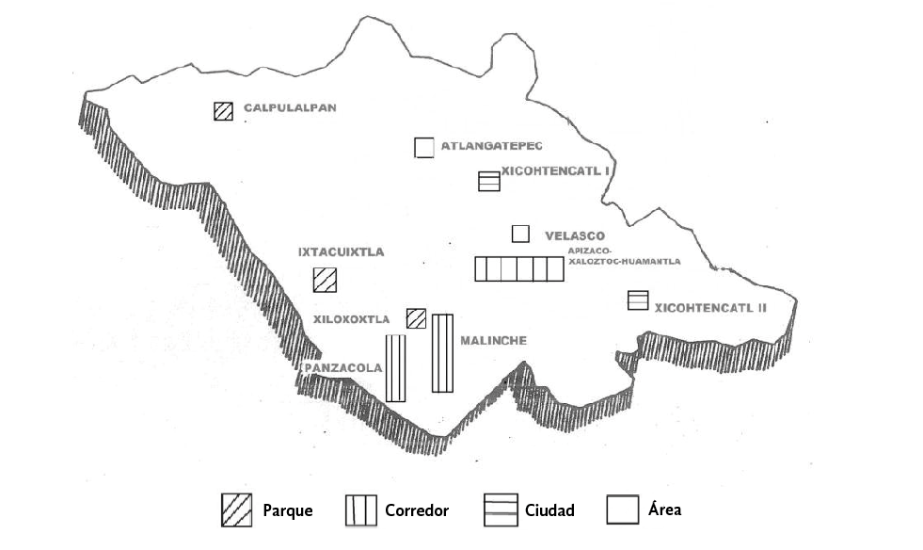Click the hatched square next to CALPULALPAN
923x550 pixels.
click(222, 111)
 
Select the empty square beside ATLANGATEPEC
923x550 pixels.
click(424, 147)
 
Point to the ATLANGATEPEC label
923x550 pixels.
click(492, 145)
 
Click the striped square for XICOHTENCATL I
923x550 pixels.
click(488, 181)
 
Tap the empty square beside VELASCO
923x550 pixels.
click(520, 234)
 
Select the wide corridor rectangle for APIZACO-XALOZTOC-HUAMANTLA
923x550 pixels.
click(518, 268)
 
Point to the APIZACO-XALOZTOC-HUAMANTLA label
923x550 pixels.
click(624, 255)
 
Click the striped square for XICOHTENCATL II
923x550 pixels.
click(638, 300)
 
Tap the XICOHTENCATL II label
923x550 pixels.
click(711, 307)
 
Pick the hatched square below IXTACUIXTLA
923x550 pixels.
click(325, 280)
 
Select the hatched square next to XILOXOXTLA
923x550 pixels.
click(416, 318)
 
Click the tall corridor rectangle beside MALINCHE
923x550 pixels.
click(442, 353)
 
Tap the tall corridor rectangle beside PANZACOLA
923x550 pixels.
click(395, 367)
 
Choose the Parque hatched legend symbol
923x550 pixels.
click(236, 510)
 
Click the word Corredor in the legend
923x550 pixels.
click(417, 511)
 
